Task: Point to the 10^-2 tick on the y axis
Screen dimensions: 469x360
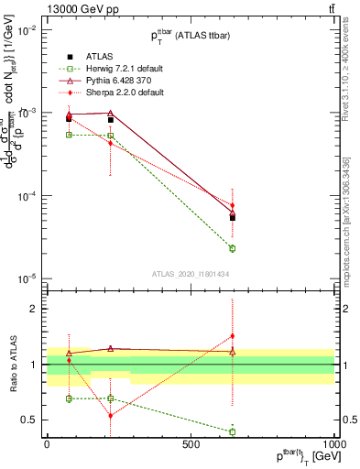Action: coord(27,29)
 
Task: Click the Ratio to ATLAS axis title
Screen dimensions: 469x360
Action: coord(12,365)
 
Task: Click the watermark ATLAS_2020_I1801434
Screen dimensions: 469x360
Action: coord(191,273)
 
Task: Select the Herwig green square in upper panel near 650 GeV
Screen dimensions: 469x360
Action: coord(233,248)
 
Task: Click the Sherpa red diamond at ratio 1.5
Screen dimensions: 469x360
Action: coord(233,335)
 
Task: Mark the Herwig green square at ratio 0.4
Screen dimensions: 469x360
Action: coord(233,431)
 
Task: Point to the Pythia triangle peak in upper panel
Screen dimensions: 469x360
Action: coord(111,113)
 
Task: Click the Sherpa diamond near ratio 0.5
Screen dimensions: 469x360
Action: coord(111,416)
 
